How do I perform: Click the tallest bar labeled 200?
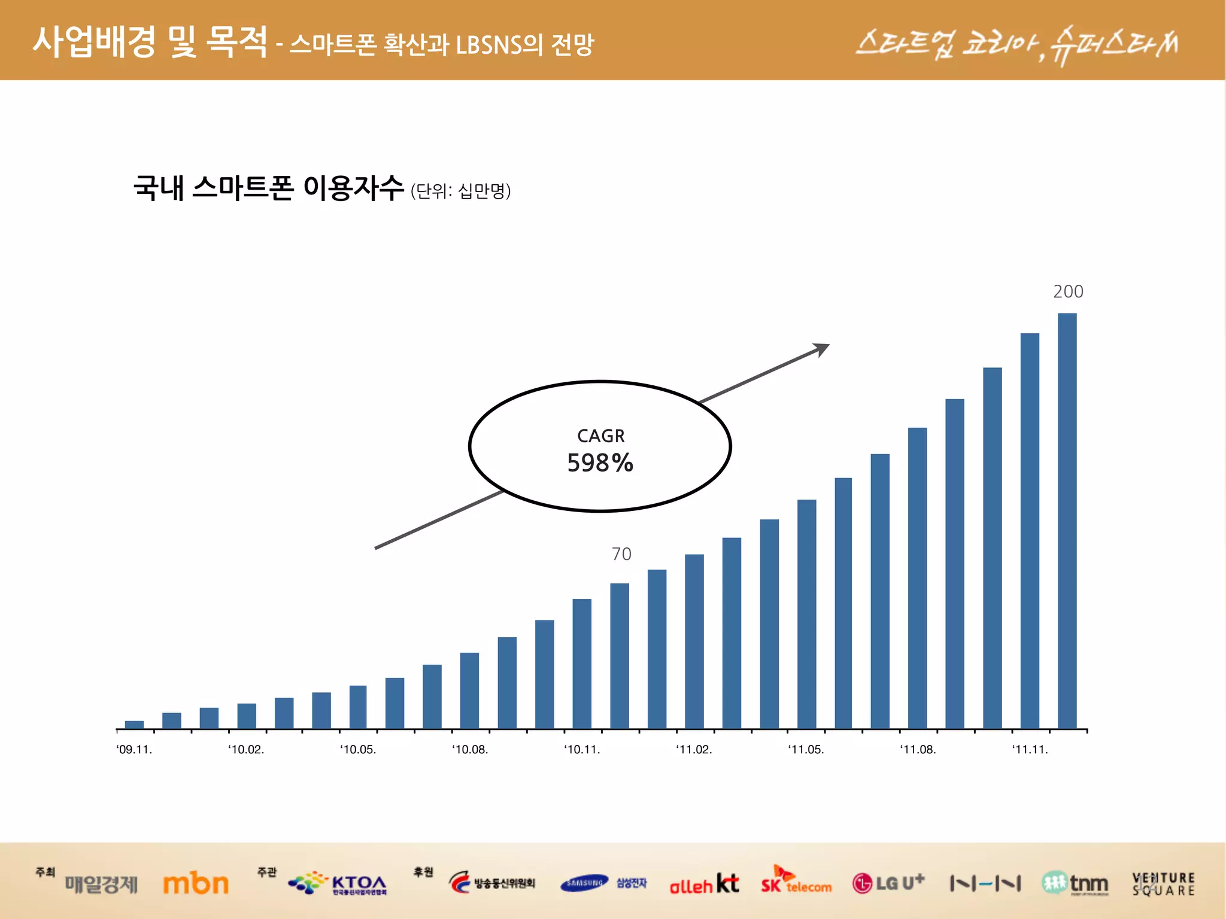click(x=1067, y=521)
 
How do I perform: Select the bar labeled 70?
click(x=620, y=656)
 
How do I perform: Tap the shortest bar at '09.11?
click(x=134, y=725)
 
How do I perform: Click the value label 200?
click(x=1068, y=291)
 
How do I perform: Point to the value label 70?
click(x=621, y=554)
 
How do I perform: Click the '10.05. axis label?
click(x=358, y=750)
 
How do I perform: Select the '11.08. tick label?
click(x=918, y=750)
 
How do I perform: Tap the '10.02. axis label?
click(x=246, y=750)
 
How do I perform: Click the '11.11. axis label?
click(x=1030, y=750)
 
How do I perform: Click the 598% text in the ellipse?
click(x=600, y=463)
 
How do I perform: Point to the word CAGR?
click(x=600, y=436)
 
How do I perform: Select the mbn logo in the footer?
click(x=196, y=884)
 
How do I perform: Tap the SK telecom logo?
click(x=796, y=881)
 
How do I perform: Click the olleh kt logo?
click(x=704, y=884)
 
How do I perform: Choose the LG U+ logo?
click(x=888, y=883)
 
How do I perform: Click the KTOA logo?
click(x=338, y=883)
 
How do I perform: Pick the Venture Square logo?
click(x=1163, y=884)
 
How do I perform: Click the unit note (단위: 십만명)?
click(x=460, y=191)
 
